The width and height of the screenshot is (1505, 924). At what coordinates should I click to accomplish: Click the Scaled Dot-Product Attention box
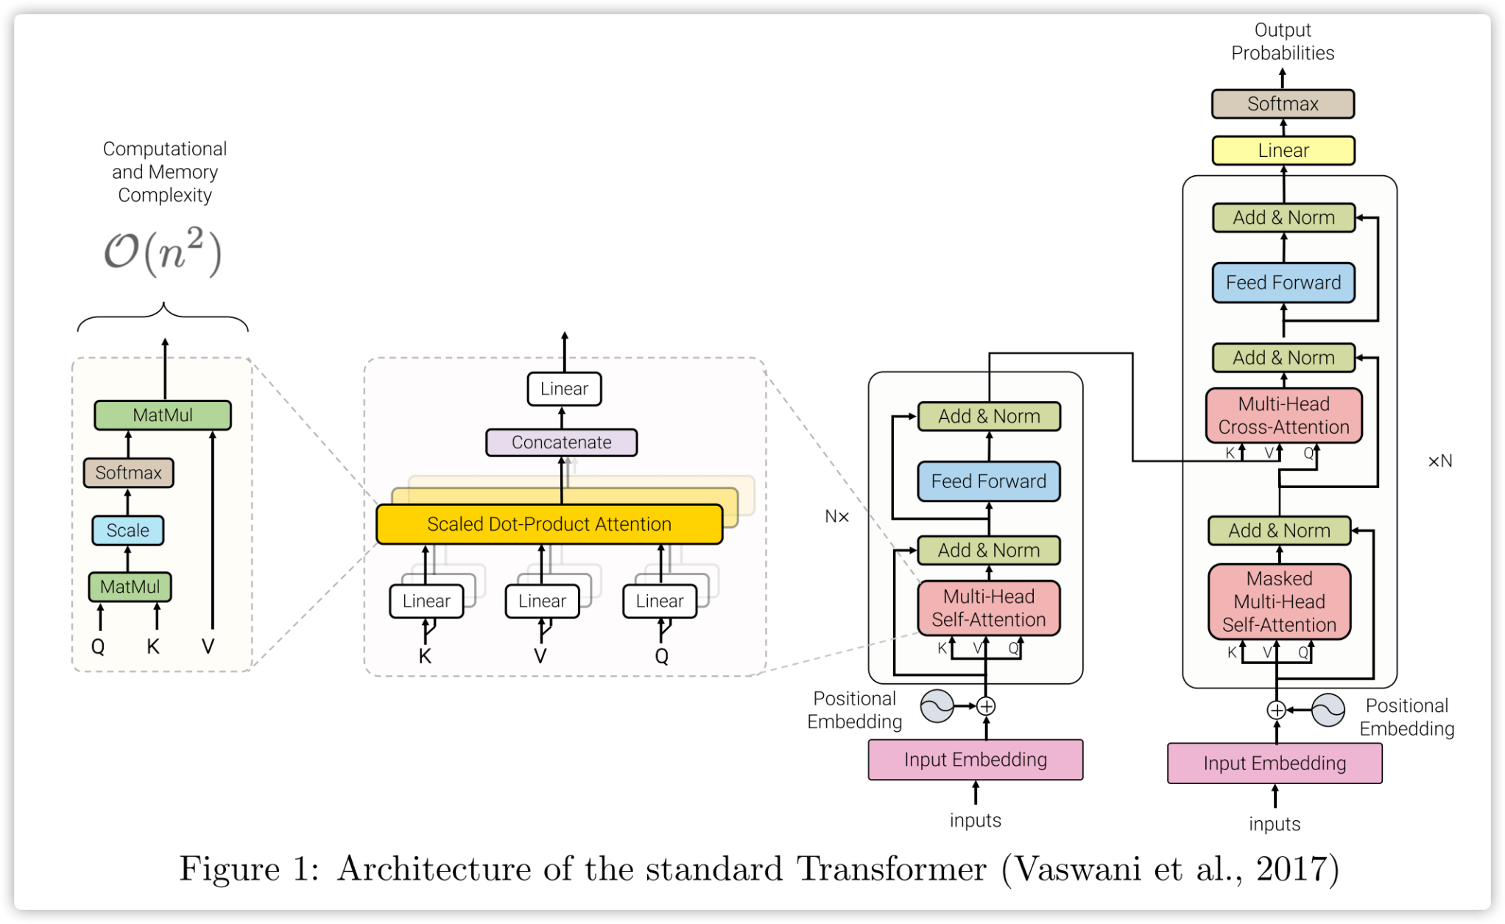549,524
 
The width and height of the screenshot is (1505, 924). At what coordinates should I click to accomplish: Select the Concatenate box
561,442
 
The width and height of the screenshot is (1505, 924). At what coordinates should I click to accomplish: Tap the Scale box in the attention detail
127,530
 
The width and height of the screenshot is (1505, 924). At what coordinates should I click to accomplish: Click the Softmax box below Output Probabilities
1282,104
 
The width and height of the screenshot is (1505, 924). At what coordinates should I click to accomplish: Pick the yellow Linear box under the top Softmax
1283,150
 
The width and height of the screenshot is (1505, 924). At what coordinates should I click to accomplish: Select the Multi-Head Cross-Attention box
1283,415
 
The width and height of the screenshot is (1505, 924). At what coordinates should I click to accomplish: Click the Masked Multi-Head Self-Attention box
1279,602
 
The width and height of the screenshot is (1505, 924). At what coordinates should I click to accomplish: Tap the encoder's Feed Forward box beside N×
988,482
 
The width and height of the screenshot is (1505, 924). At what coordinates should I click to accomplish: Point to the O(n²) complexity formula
163,252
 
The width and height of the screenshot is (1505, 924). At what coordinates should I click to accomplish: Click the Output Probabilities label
1282,41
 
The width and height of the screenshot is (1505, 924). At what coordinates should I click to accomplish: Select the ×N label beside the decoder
1439,462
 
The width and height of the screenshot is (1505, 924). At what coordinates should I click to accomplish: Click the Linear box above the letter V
542,601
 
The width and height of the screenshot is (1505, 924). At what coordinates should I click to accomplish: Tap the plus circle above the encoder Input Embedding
986,706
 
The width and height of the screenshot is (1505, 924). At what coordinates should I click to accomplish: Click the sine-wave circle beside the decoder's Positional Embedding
1328,710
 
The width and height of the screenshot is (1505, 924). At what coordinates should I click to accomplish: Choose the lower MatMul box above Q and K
130,587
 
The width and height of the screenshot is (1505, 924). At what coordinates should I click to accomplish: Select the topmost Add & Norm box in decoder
1283,218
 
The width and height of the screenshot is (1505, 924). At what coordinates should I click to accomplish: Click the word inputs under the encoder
975,820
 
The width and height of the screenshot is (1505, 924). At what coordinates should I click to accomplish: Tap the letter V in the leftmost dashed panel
208,646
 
